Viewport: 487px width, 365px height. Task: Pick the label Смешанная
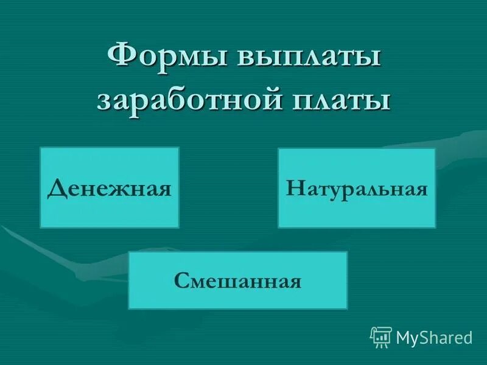[x=237, y=281]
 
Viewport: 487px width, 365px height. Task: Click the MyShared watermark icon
[x=381, y=336]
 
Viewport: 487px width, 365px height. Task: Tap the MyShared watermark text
[x=434, y=336]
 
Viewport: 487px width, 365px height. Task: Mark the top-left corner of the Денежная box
[x=40, y=147]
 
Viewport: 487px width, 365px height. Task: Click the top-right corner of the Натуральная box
[x=435, y=148]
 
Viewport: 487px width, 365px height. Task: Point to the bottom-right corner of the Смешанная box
[x=347, y=308]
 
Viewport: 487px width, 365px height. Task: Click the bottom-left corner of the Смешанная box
[x=128, y=308]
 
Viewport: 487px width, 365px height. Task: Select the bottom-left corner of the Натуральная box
[x=278, y=228]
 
